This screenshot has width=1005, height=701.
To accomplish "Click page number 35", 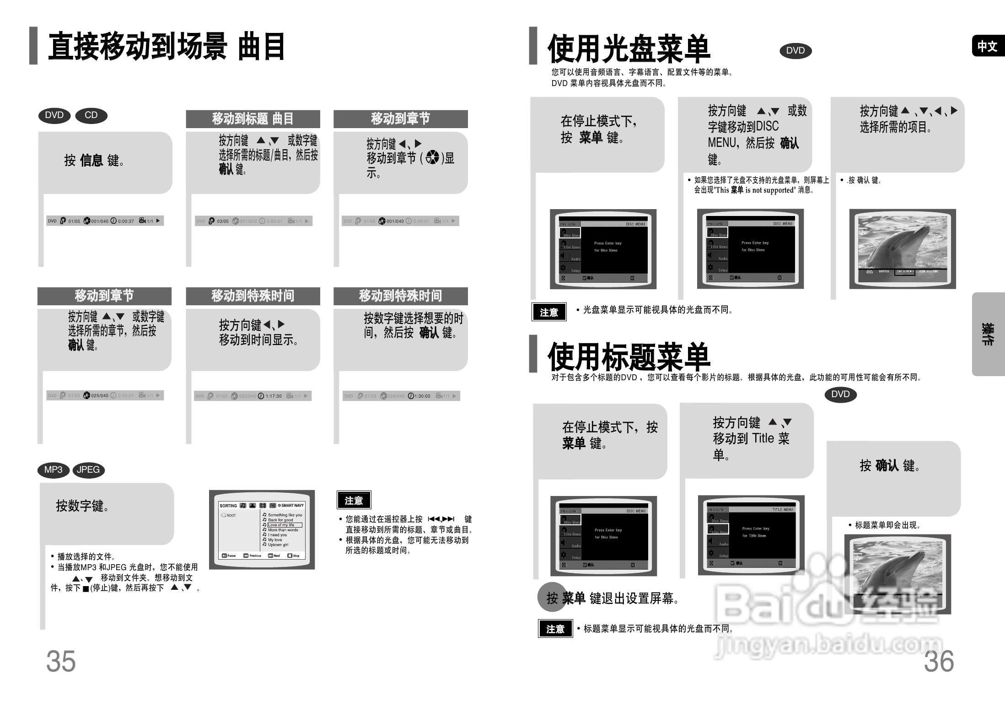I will tap(61, 661).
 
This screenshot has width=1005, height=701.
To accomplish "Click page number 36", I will tap(939, 661).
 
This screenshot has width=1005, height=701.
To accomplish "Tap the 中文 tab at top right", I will tap(987, 46).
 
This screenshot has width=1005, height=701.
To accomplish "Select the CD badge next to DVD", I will tap(91, 115).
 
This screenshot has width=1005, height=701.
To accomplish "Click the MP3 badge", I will tap(53, 470).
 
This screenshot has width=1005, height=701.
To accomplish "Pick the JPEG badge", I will tap(88, 470).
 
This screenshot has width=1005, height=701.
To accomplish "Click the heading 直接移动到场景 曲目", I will tap(167, 46).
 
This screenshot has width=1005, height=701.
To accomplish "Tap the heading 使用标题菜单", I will tap(629, 356).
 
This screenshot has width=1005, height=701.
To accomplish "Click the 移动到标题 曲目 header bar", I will tap(253, 119).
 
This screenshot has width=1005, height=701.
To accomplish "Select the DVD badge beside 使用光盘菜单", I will tap(795, 51).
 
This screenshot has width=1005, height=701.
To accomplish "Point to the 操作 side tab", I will tap(988, 334).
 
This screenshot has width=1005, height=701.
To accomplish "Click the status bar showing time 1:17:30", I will tap(253, 396).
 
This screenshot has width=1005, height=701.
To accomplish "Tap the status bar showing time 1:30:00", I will tap(401, 396).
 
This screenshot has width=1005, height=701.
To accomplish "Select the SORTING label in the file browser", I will tap(228, 506).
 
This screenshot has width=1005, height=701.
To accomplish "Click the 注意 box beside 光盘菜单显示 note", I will tap(549, 312).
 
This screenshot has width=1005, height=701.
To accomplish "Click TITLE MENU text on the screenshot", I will tap(783, 509).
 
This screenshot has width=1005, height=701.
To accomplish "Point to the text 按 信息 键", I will tap(94, 161).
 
